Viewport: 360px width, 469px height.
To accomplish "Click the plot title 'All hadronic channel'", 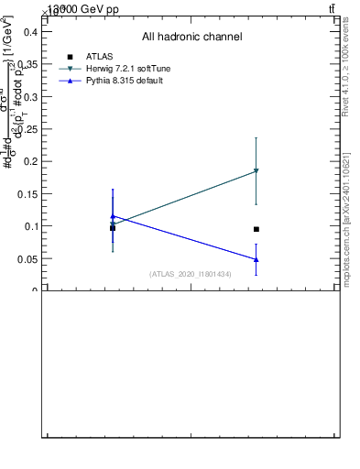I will tap(191, 38).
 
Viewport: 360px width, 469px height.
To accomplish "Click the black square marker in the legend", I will tap(70, 57).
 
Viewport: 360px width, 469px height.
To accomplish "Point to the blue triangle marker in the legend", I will tap(70, 82).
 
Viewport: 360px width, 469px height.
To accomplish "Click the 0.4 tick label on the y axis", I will tap(29, 31).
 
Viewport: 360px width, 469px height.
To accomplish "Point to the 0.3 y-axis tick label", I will tap(29, 96).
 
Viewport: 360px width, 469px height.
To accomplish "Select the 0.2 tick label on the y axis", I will tap(29, 161).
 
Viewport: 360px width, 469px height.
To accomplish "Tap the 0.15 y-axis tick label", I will tap(27, 194).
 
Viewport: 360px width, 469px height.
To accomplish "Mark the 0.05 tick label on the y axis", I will tap(27, 259).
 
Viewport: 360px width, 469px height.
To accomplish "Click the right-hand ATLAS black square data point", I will tap(256, 229).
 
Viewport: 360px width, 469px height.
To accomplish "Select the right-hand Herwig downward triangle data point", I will tap(256, 171).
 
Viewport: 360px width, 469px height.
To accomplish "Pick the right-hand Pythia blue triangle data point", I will tap(256, 259).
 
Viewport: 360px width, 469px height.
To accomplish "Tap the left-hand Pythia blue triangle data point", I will tap(113, 217).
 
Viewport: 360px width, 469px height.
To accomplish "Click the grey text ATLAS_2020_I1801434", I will tap(191, 274).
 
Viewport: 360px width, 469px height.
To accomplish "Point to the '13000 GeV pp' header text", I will tap(83, 8).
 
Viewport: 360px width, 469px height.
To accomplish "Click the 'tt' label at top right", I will tap(332, 8).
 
